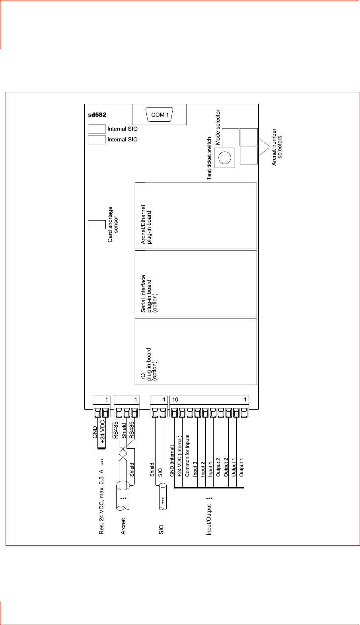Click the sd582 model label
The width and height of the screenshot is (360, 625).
pos(97,115)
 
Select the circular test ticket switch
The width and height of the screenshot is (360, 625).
pos(225,158)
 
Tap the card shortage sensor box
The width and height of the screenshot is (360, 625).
pos(96,225)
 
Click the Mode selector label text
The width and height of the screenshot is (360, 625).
pos(218,127)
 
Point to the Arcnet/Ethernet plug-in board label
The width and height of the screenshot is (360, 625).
pos(146,224)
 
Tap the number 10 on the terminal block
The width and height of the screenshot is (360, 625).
pos(175,400)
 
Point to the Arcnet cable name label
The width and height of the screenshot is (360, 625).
pos(123,526)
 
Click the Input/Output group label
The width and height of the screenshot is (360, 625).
pos(209,516)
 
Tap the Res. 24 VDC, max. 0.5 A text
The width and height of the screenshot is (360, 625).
pos(102,496)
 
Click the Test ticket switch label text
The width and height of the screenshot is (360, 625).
pos(209,159)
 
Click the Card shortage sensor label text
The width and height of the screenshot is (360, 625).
pos(113,224)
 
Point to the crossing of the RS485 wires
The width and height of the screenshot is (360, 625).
pos(123,453)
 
